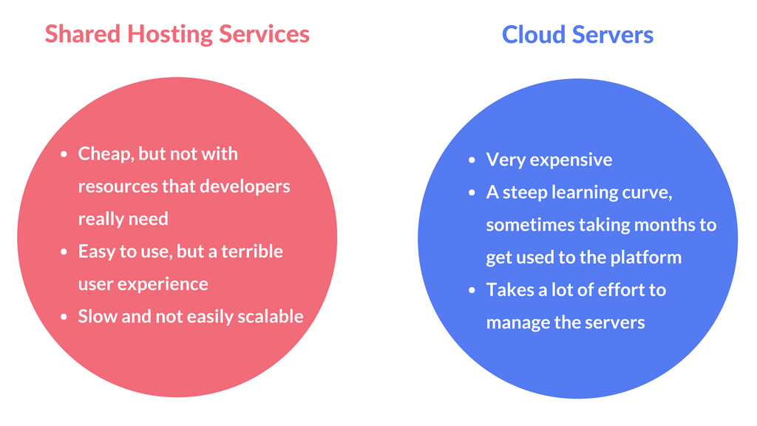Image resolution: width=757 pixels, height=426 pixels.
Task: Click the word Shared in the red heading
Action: click(83, 34)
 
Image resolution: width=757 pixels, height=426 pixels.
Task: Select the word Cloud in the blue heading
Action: click(533, 35)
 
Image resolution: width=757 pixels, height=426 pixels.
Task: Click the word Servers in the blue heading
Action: click(612, 35)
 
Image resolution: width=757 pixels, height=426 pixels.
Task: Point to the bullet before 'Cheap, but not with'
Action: click(64, 155)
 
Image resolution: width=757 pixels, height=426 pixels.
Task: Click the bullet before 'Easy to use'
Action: click(64, 252)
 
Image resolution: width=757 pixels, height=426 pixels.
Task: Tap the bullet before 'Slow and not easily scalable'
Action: click(64, 317)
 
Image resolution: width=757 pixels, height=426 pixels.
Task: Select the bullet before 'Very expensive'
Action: click(472, 160)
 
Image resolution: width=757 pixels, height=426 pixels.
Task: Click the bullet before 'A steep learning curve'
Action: click(472, 193)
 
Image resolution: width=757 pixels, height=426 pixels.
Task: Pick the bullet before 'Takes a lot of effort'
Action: click(472, 291)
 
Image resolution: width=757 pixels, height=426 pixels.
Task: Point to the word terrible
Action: click(252, 251)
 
